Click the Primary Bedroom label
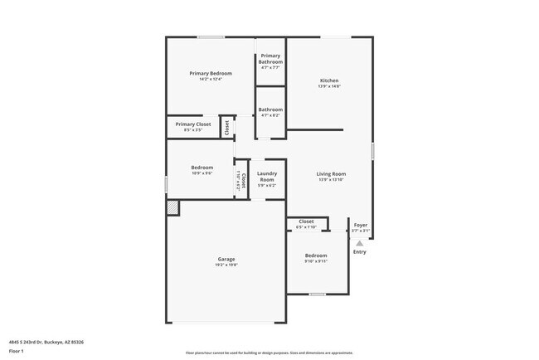[210, 74]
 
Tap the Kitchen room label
[329, 80]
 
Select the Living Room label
[330, 174]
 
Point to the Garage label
[226, 260]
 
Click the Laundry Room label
[267, 177]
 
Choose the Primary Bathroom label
[270, 59]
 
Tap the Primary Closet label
[192, 124]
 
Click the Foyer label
[361, 225]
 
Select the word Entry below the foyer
[359, 252]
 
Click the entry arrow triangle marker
[359, 243]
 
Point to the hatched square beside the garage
[172, 209]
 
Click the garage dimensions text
[226, 265]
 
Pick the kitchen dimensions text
[329, 86]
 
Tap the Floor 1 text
[17, 351]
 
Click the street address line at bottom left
[46, 342]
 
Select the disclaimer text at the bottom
[268, 352]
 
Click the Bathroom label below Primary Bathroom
[270, 109]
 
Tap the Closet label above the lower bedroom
[306, 221]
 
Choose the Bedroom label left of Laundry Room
[202, 168]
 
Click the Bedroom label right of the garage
[316, 255]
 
